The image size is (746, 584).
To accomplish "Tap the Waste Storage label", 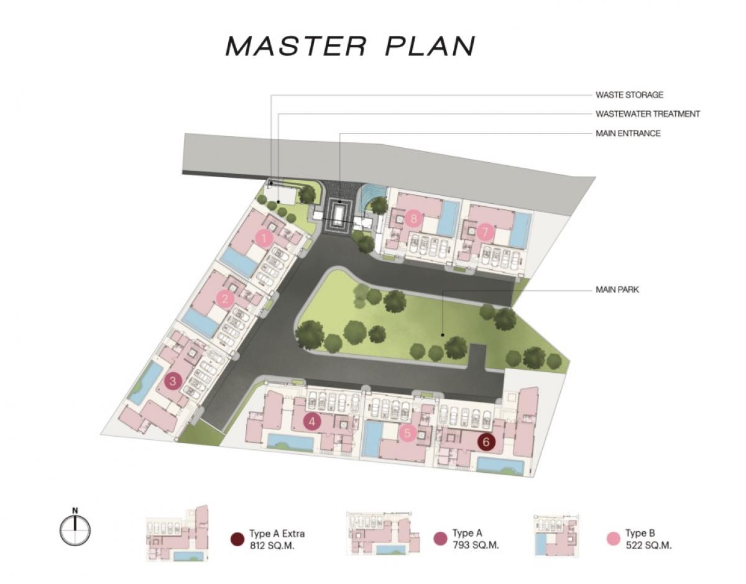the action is pos(629,95).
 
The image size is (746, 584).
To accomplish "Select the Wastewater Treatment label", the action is pos(648,114).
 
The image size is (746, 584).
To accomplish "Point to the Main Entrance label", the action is pos(628,133).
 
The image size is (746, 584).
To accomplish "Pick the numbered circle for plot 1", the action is pos(264,238).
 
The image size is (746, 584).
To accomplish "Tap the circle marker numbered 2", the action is pos(225,299).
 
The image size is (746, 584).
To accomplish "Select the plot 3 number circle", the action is pos(173,381).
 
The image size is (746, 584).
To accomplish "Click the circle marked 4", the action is pos(311,421).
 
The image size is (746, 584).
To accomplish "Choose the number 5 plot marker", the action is pos(407,433).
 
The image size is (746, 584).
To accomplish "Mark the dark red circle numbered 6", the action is pos(487,442).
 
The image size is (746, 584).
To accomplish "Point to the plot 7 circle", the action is pos(485,232).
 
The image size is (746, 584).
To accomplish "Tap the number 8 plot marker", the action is pos(413,218).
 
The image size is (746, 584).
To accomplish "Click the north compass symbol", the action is pos(75,529).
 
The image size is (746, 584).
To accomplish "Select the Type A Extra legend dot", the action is pos(237,539).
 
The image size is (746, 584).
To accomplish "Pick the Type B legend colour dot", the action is pos(614,539).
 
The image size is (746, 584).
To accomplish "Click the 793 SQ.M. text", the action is pos(476,545).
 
